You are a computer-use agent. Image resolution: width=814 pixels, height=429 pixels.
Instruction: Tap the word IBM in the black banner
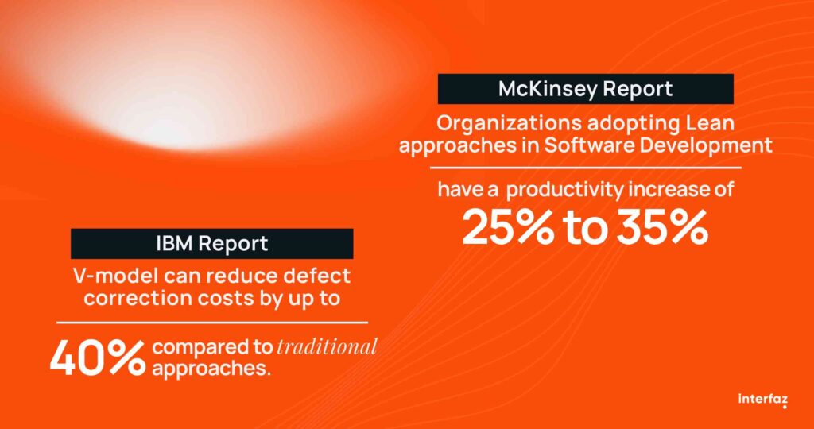tap(175, 243)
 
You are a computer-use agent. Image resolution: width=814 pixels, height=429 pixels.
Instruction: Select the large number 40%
tap(98, 358)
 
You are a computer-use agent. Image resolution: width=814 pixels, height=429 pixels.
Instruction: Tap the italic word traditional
tap(327, 347)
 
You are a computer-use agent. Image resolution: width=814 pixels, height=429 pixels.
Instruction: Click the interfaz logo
tap(762, 400)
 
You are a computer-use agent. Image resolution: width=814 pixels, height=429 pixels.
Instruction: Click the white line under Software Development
tap(585, 168)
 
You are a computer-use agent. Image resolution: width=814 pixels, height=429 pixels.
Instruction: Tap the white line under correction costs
tap(211, 323)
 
